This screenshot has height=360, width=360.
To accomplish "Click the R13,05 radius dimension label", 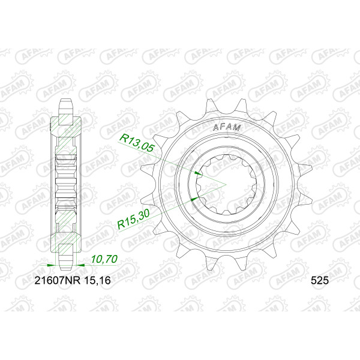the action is tap(136, 143).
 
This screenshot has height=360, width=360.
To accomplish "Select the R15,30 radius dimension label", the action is tap(133, 219).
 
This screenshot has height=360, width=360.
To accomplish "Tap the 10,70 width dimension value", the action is tap(104, 259).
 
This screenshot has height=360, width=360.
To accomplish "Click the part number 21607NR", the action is tap(58, 280).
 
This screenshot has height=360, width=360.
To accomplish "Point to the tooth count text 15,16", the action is tap(98, 280).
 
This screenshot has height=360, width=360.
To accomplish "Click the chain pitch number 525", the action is tap(320, 280).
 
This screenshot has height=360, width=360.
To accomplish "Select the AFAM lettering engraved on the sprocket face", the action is tap(227, 127).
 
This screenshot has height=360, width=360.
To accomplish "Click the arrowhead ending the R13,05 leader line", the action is tap(199, 173).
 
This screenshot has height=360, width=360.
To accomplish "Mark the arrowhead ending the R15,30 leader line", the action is tap(195, 199).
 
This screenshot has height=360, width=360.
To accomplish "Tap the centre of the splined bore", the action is tap(226, 184).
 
